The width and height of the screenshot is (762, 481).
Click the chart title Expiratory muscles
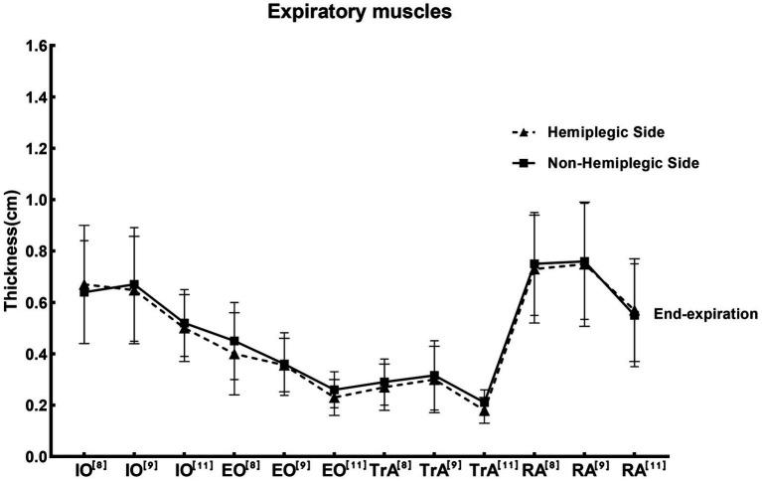pos(380,14)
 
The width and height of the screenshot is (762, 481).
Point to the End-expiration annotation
pos(706,313)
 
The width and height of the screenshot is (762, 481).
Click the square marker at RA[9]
pos(584,262)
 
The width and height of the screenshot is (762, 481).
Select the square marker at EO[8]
pos(233,341)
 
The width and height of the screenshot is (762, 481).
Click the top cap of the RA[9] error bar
pos(584,203)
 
